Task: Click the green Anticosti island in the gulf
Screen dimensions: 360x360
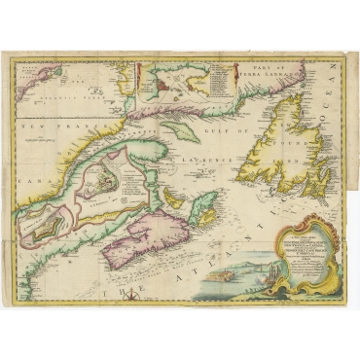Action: pyautogui.click(x=179, y=129)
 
